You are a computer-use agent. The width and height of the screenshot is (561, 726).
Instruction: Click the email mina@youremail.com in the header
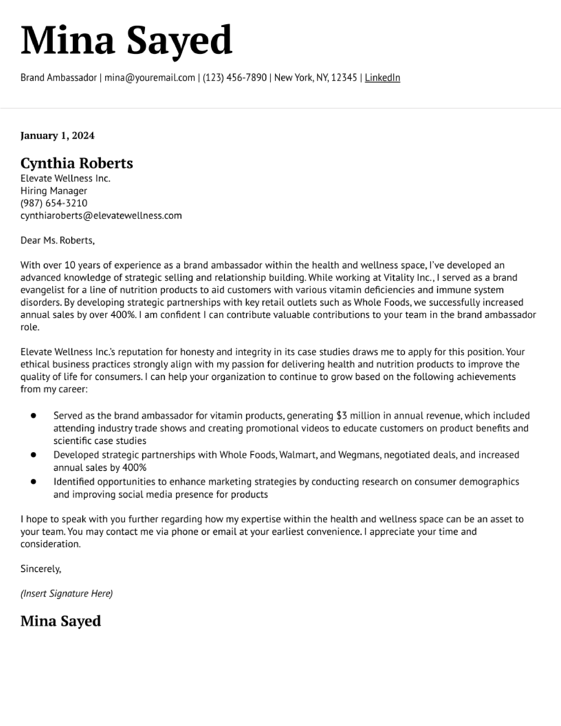click(150, 78)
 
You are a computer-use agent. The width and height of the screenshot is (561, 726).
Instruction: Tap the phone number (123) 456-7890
click(235, 78)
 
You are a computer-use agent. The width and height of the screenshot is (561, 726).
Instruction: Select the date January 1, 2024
click(57, 136)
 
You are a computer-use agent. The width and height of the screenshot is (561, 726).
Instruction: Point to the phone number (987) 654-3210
click(54, 203)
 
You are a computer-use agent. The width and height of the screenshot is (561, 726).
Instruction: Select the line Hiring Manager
click(54, 191)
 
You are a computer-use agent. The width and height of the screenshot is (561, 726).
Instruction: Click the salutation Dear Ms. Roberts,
click(57, 240)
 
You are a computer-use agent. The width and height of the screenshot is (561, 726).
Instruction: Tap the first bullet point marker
click(33, 416)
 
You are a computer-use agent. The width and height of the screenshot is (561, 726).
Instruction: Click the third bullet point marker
click(33, 481)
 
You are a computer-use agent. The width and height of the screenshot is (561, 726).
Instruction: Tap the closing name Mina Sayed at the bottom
click(60, 621)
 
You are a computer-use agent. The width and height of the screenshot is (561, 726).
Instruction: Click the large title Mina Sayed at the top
click(126, 40)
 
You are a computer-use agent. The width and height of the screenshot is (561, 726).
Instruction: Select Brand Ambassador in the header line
click(59, 78)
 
